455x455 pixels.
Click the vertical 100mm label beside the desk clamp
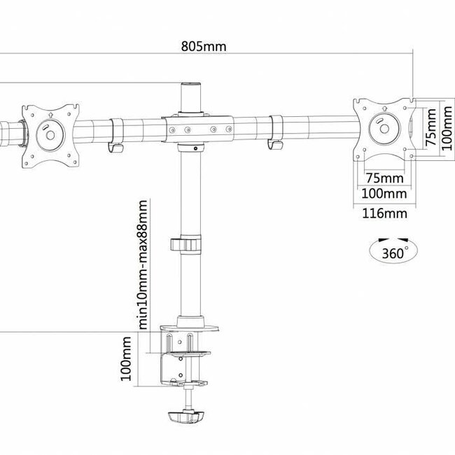tap(127, 358)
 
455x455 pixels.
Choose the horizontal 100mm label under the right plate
tap(381, 193)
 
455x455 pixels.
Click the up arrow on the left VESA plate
tap(50, 115)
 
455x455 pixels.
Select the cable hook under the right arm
tap(275, 145)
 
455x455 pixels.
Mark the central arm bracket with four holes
tap(199, 129)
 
